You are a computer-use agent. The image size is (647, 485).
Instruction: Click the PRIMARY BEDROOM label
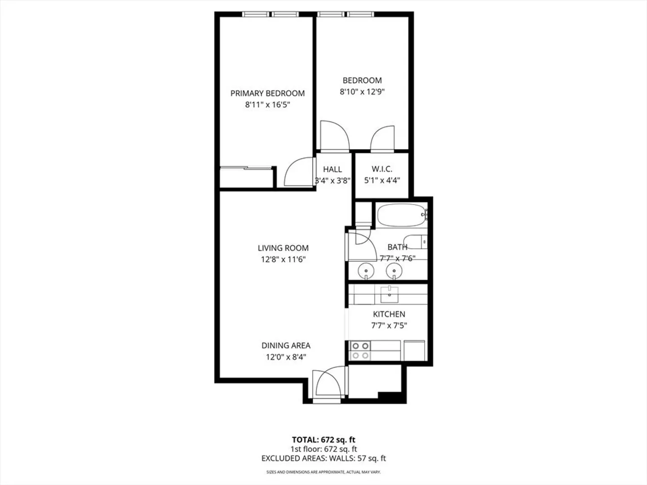point(267,93)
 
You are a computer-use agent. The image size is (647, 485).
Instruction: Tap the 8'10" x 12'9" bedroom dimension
point(362,92)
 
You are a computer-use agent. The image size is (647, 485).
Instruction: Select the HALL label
point(332,169)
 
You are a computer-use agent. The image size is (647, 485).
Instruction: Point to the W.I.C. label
point(382,169)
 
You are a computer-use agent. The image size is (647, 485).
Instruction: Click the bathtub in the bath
point(402,215)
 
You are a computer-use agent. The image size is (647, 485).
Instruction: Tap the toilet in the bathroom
point(416,242)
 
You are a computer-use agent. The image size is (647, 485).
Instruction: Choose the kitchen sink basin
point(390,294)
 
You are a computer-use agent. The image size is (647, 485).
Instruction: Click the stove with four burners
point(360,351)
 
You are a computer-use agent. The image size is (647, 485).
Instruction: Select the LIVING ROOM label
point(283,248)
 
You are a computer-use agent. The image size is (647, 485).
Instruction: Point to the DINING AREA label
point(286,345)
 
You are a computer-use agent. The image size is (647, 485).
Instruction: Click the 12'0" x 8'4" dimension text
point(286,357)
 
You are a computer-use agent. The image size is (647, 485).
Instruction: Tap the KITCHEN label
point(389,314)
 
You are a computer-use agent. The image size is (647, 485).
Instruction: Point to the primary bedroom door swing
point(298,172)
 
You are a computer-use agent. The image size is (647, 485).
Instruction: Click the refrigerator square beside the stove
point(414,350)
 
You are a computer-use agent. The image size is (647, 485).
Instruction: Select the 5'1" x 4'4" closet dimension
point(382,180)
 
